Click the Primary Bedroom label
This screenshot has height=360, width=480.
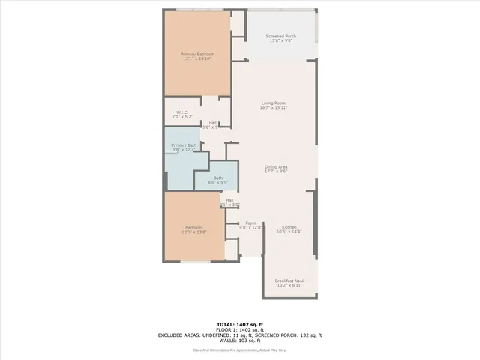click(197, 54)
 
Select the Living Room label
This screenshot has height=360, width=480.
click(274, 103)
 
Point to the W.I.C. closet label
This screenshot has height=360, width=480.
click(181, 113)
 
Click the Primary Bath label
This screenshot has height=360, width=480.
click(184, 145)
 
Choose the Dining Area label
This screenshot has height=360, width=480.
click(276, 166)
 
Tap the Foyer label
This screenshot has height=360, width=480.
click(251, 223)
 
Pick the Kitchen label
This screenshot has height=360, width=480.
click(289, 227)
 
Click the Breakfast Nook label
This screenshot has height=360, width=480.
click(289, 281)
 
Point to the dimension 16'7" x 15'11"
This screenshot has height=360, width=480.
click(274, 108)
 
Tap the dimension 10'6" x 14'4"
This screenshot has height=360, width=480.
click(289, 232)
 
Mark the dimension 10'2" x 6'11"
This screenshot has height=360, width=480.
click(289, 286)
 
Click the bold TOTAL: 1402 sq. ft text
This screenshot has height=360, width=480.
click(239, 324)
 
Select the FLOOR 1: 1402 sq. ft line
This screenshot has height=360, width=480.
click(239, 329)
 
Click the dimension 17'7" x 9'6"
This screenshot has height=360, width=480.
click(276, 171)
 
